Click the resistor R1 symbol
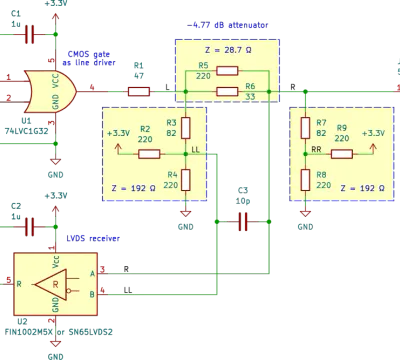pyautogui.click(x=139, y=92)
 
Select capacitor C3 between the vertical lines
pyautogui.click(x=243, y=222)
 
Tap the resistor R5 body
pyautogui.click(x=227, y=71)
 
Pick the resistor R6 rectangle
pyautogui.click(x=227, y=91)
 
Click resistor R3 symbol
pyautogui.click(x=186, y=128)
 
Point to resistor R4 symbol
pyautogui.click(x=186, y=180)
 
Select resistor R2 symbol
pyautogui.click(x=149, y=154)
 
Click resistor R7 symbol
pyautogui.click(x=305, y=128)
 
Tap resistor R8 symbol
pyautogui.click(x=305, y=180)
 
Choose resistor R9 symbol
pyautogui.click(x=342, y=154)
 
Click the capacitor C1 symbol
pyautogui.click(x=30, y=34)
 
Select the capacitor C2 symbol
pyautogui.click(x=30, y=227)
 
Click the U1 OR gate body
pyautogui.click(x=50, y=92)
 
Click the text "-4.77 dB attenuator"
pyautogui.click(x=227, y=25)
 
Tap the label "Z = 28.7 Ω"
pyautogui.click(x=228, y=50)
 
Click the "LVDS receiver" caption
pyautogui.click(x=93, y=238)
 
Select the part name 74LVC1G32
pyautogui.click(x=26, y=131)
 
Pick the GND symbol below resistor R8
pyautogui.click(x=305, y=214)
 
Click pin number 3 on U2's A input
pyautogui.click(x=103, y=269)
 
